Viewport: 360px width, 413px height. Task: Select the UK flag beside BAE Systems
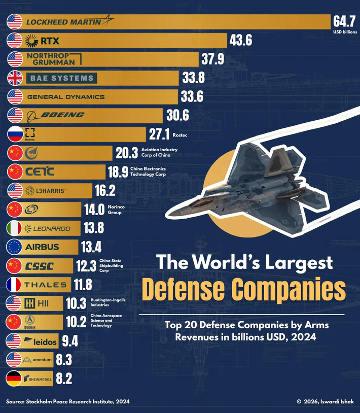click(15, 78)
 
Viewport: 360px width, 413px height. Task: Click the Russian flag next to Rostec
click(15, 134)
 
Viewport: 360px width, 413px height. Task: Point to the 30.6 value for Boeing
click(177, 116)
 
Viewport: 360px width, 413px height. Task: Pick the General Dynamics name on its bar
click(65, 96)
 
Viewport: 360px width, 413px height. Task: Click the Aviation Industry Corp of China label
click(159, 153)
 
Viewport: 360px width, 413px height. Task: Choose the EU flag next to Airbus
click(15, 247)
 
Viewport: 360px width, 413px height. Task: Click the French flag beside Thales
click(15, 285)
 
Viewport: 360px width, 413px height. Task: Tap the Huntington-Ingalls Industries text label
click(107, 303)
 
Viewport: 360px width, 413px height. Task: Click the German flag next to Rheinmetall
click(15, 378)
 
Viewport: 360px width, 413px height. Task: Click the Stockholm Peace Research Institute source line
click(68, 402)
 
